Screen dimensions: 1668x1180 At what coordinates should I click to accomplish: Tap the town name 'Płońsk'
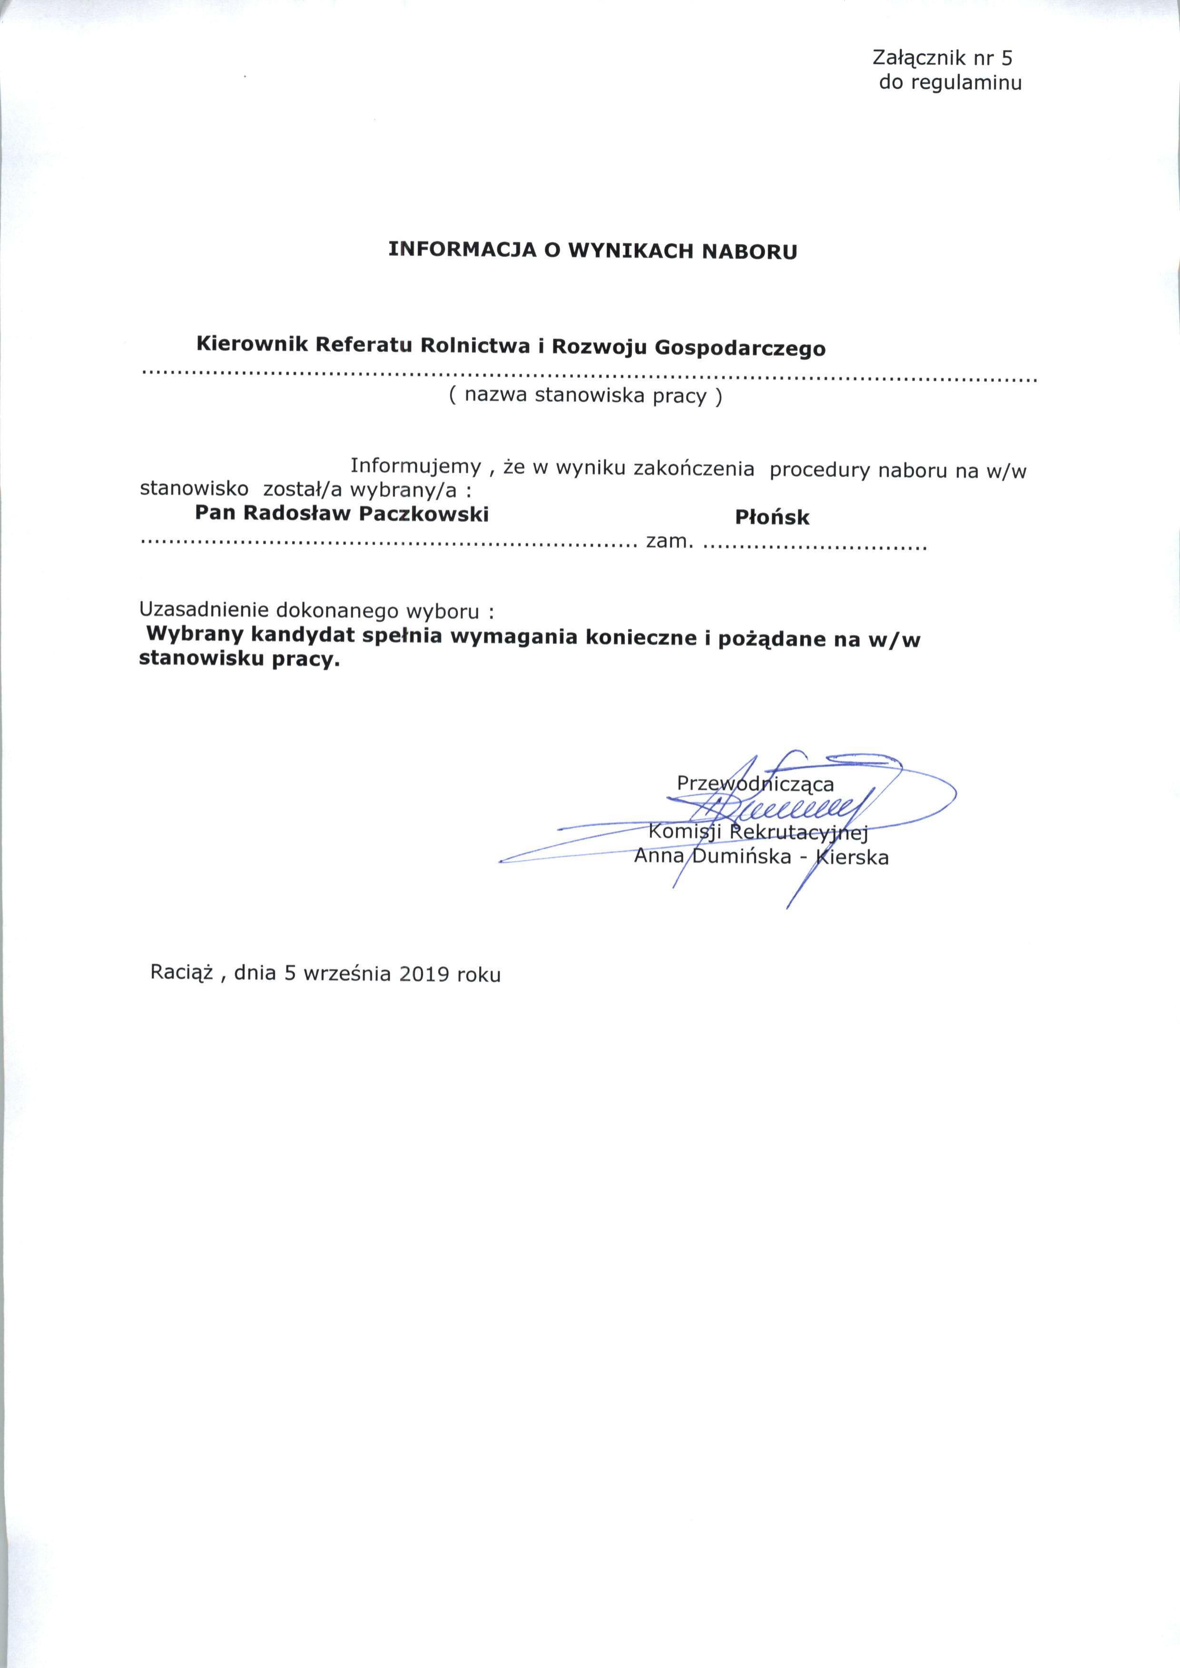click(x=772, y=517)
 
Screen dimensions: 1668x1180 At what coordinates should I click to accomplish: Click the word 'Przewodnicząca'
click(x=755, y=784)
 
